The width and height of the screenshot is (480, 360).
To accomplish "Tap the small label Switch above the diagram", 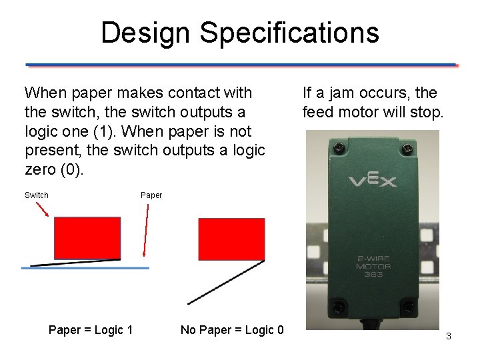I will (37, 195).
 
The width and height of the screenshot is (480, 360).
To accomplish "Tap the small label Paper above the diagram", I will (151, 195).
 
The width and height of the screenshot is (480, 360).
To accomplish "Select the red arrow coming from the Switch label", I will (41, 209).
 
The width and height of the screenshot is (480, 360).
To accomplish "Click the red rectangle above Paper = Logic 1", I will (87, 237).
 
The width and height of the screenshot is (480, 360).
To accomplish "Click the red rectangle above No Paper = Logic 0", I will (231, 239).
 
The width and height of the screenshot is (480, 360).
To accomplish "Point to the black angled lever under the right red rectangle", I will (227, 282).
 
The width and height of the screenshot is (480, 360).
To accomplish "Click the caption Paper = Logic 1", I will (91, 330).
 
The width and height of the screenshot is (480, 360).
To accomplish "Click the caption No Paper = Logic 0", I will (232, 330).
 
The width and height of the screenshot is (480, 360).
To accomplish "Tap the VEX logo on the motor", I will (372, 181).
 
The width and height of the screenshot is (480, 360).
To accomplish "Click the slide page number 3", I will (449, 337).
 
